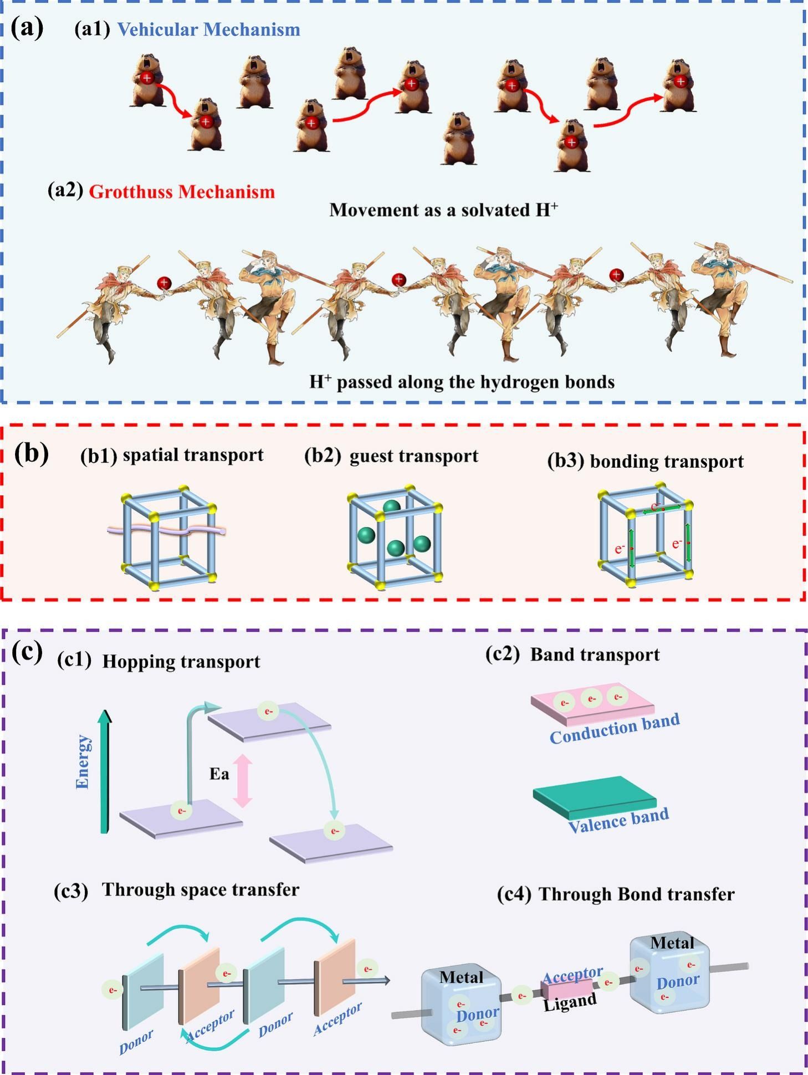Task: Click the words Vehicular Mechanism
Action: coord(208,29)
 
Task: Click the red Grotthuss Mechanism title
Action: coord(182,192)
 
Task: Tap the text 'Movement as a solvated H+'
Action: coord(443,210)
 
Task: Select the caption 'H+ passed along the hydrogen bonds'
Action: coord(462,382)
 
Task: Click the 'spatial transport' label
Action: coord(193,455)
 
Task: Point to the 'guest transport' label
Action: coord(413,455)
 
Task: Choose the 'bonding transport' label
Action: coord(667,461)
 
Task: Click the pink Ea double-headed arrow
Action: coord(242,781)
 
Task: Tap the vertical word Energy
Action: coord(83,761)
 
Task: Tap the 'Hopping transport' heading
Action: coord(181,662)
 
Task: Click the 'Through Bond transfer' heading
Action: coord(637,894)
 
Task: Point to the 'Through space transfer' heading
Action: coord(200,890)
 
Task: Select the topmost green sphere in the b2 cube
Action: coord(391,506)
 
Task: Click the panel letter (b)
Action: coord(31,453)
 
